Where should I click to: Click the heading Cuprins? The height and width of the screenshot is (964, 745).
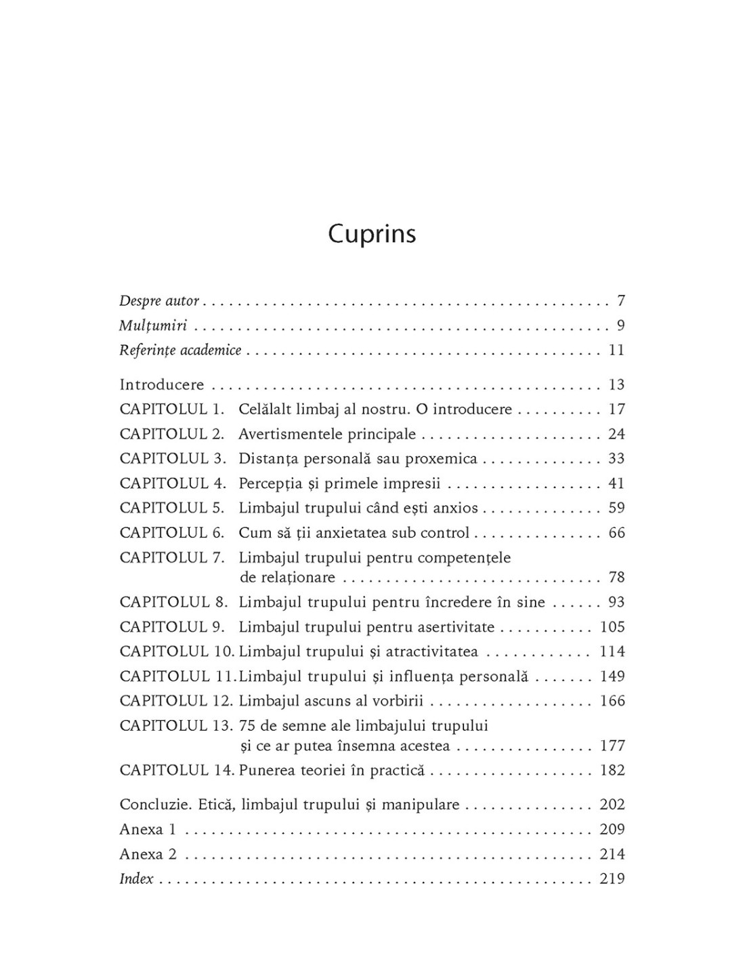(372, 235)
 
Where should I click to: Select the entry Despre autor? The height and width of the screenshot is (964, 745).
(159, 301)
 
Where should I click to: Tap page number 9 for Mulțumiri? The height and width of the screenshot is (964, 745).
(620, 325)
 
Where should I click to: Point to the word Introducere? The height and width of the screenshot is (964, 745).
(161, 385)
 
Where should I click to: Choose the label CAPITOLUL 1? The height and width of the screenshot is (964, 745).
(172, 409)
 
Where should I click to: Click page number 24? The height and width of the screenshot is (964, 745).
(616, 434)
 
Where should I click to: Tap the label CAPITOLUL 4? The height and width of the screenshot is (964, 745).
(172, 483)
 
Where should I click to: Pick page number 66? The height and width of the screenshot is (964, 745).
(616, 533)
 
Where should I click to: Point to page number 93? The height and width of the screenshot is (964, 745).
(616, 602)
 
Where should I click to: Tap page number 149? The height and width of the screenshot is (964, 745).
(612, 677)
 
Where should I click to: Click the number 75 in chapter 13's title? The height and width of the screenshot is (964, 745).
(246, 726)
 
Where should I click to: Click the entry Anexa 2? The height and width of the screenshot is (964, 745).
(148, 854)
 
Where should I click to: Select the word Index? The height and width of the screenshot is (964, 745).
(136, 879)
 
